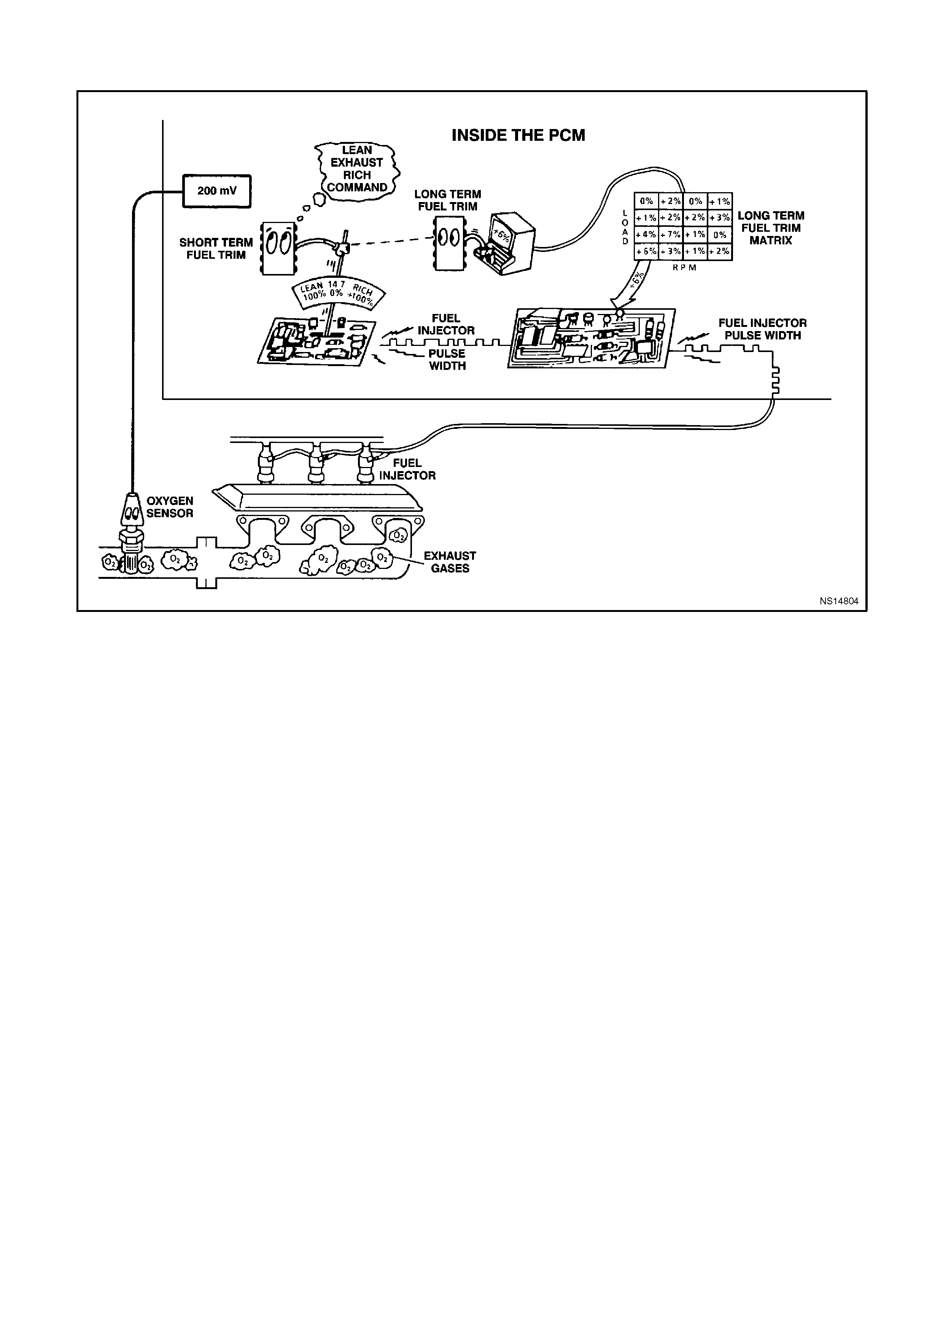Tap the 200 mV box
pyautogui.click(x=217, y=191)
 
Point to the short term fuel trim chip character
pyautogui.click(x=277, y=247)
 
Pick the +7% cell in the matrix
pyautogui.click(x=671, y=235)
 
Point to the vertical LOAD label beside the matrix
pyautogui.click(x=625, y=227)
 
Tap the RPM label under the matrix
pyautogui.click(x=684, y=268)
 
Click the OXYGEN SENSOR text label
pyautogui.click(x=170, y=507)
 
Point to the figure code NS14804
pyautogui.click(x=839, y=601)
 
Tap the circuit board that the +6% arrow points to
pyautogui.click(x=592, y=338)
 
